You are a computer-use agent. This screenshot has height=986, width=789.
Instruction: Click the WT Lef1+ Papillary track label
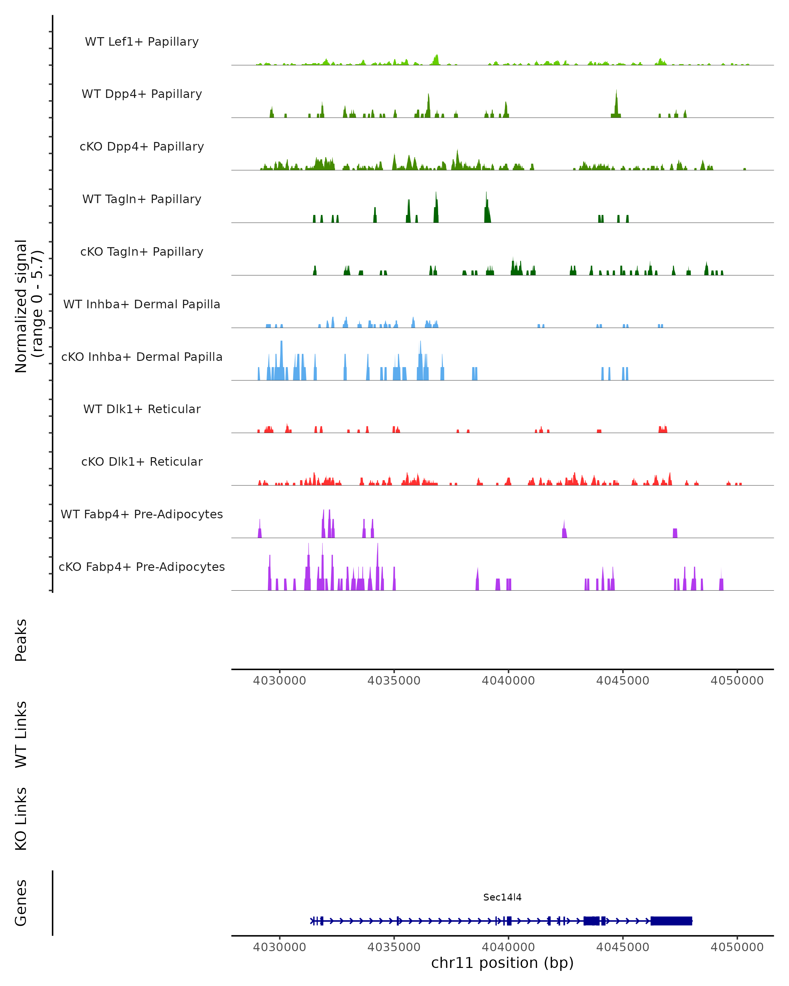pyautogui.click(x=142, y=42)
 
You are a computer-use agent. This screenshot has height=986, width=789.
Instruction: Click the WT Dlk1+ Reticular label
pyautogui.click(x=142, y=409)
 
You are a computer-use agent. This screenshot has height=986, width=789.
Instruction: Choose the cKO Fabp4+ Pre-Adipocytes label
pyautogui.click(x=142, y=567)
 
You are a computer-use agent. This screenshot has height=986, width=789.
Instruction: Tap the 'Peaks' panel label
pyautogui.click(x=21, y=640)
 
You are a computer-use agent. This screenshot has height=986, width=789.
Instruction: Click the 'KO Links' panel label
pyautogui.click(x=21, y=819)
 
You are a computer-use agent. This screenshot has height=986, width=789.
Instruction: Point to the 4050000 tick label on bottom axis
pyautogui.click(x=737, y=947)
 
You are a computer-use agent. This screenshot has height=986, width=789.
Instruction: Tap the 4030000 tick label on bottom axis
pyautogui.click(x=279, y=947)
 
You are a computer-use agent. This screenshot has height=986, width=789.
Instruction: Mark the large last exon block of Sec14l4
pyautogui.click(x=671, y=921)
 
